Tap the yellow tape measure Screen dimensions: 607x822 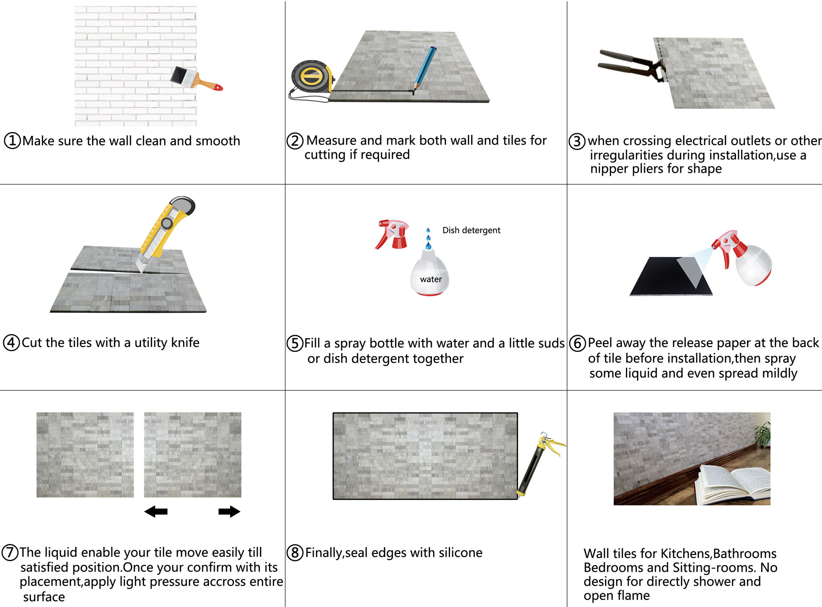pyautogui.click(x=312, y=77)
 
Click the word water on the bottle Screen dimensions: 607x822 pyautogui.click(x=431, y=279)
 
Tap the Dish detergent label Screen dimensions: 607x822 pyautogui.click(x=471, y=230)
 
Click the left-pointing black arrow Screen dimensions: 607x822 pyautogui.click(x=156, y=511)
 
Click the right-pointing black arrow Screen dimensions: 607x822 pyautogui.click(x=229, y=511)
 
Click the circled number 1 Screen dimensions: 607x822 pyautogui.click(x=12, y=141)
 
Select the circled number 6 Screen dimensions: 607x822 pyautogui.click(x=577, y=343)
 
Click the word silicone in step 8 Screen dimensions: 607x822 pyautogui.click(x=460, y=553)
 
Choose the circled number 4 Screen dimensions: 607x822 pyautogui.click(x=11, y=343)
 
